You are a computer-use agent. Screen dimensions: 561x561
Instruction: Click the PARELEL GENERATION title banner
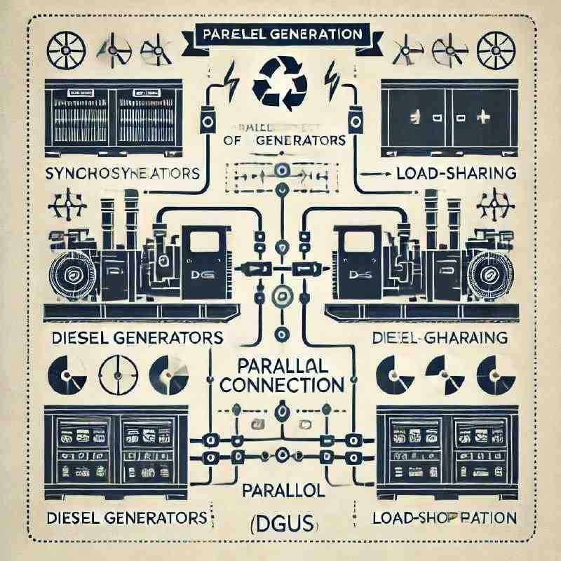(x=281, y=34)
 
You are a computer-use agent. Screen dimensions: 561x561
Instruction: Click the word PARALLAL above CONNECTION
(x=281, y=366)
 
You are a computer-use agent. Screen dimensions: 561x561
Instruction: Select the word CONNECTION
(x=281, y=385)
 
